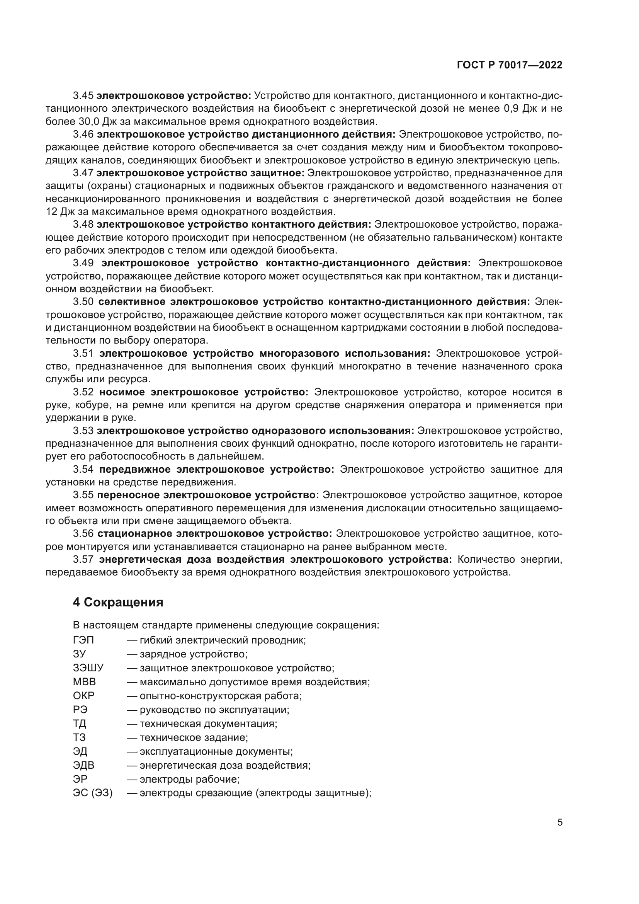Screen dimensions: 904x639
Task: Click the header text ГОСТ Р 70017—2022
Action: pyautogui.click(x=510, y=65)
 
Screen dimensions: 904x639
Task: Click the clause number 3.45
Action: pyautogui.click(x=83, y=96)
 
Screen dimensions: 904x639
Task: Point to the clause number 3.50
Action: pyautogui.click(x=83, y=302)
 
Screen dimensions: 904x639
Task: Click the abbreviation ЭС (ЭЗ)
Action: pyautogui.click(x=93, y=793)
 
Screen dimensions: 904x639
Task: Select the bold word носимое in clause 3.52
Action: pyautogui.click(x=122, y=392)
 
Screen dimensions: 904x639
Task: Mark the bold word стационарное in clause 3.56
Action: pyautogui.click(x=134, y=533)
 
